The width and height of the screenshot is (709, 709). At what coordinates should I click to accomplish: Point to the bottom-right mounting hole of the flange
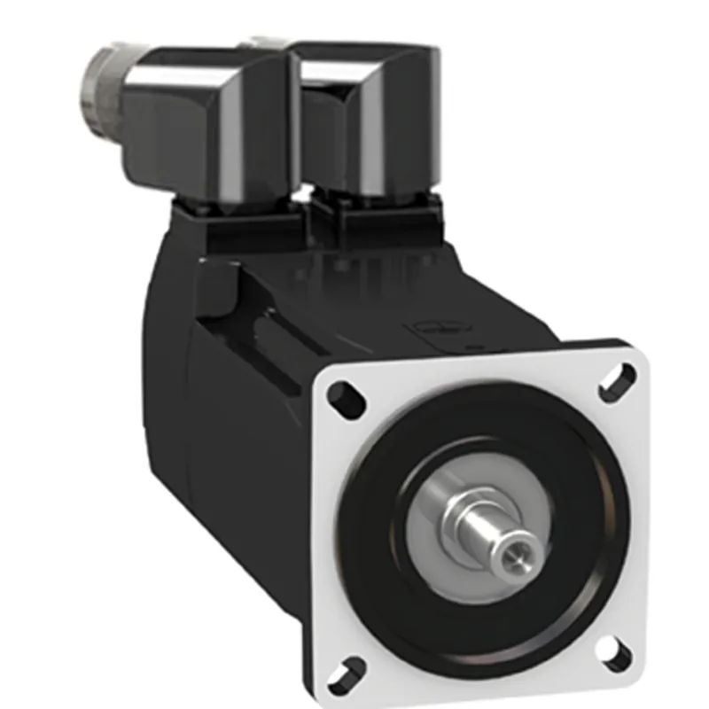click(x=613, y=654)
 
